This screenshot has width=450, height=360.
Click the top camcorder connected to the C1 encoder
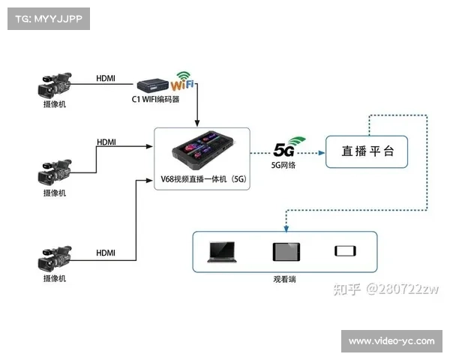54,84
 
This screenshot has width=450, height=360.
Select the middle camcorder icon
54,173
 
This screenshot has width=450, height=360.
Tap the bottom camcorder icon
54,259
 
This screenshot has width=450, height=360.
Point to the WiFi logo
184,80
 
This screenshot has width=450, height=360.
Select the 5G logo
286,147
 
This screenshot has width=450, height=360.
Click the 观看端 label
284,278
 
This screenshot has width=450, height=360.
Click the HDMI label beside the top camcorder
106,78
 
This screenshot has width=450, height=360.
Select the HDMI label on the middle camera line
106,142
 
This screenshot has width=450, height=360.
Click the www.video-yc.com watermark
391,341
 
